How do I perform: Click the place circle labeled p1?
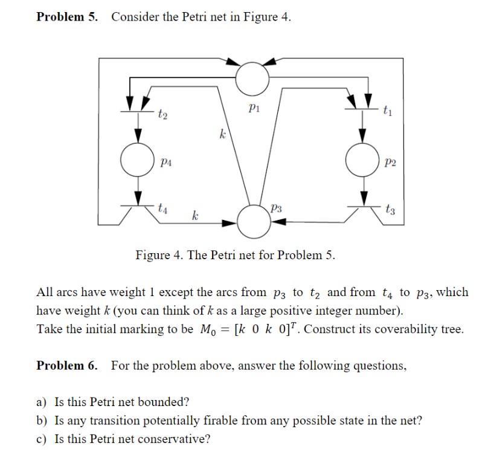point(252,76)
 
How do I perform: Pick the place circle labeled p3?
point(253,221)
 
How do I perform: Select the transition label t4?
point(162,208)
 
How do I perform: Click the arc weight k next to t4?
point(194,215)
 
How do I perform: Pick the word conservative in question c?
point(175,439)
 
